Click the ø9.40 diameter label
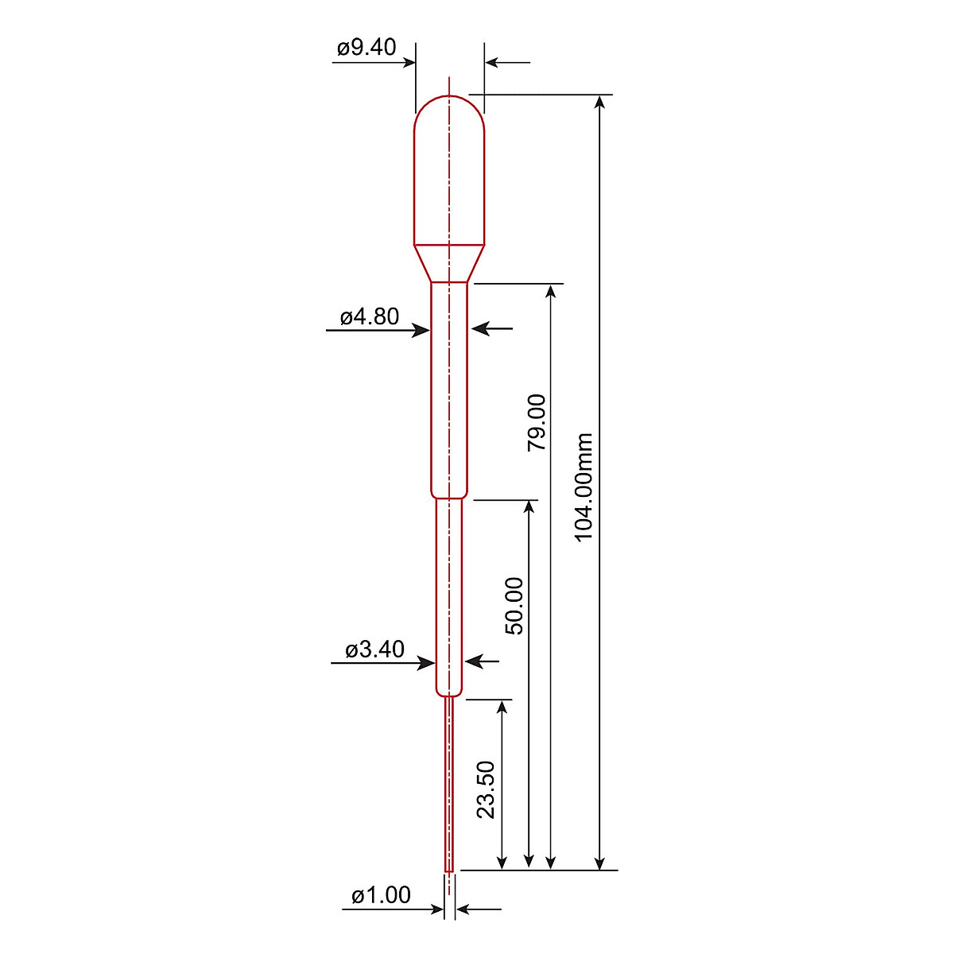coord(366,48)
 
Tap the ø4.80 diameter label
coord(370,317)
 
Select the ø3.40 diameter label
coord(374,650)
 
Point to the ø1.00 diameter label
coord(381,896)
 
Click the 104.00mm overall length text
coord(585,487)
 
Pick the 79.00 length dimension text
coord(537,422)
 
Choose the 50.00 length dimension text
coord(515,606)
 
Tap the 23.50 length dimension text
coord(487,789)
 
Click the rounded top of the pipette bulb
coord(450,107)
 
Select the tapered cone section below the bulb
coord(450,263)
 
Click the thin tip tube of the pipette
coord(450,787)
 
